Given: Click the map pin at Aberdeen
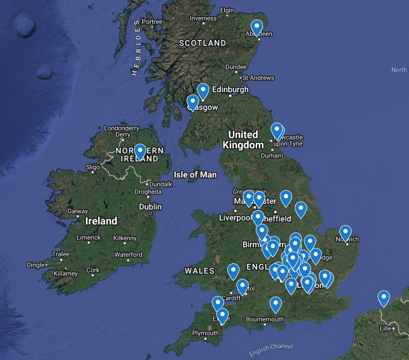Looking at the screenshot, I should coord(257,27).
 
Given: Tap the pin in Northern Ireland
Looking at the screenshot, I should coord(140,151).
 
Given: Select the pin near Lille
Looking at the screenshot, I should coord(383,298).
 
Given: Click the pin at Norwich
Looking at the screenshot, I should coord(345,232).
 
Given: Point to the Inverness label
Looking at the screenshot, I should coord(203,18).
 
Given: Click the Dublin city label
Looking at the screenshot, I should coord(150,207).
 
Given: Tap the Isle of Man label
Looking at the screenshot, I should coord(195,175).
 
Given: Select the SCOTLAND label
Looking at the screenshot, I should coord(202,43).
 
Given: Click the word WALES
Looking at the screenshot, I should coord(200,271).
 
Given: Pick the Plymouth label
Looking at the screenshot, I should coord(205,333).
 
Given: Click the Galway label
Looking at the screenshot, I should coord(78,211).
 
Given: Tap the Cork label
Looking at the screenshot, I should coord(93,270).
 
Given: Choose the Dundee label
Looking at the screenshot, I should coord(236,67).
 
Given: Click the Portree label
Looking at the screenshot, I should coord(152,22).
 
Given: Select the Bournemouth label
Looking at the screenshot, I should coord(265,319).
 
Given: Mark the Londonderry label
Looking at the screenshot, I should coord(121,128).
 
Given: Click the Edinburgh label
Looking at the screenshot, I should coord(231,89).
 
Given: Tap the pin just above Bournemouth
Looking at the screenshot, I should coord(276,304).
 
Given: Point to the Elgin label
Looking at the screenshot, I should coord(227,10).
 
